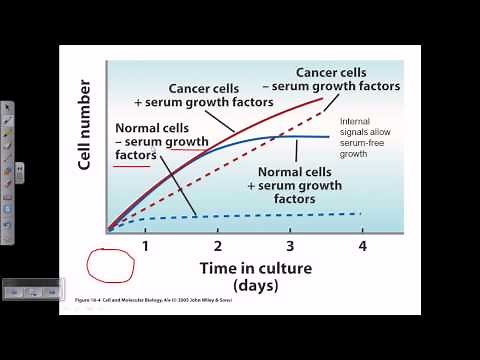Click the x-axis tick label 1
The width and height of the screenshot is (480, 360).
click(145, 246)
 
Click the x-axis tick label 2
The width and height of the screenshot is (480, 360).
click(217, 246)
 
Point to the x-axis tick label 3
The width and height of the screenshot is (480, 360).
click(290, 246)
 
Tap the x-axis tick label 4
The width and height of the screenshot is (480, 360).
click(362, 246)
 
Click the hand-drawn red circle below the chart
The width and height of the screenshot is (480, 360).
click(110, 264)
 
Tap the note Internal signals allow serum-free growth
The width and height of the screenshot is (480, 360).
click(367, 139)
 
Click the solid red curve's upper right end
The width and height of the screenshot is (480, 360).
click(322, 98)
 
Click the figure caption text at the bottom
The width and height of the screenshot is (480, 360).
click(160, 298)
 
